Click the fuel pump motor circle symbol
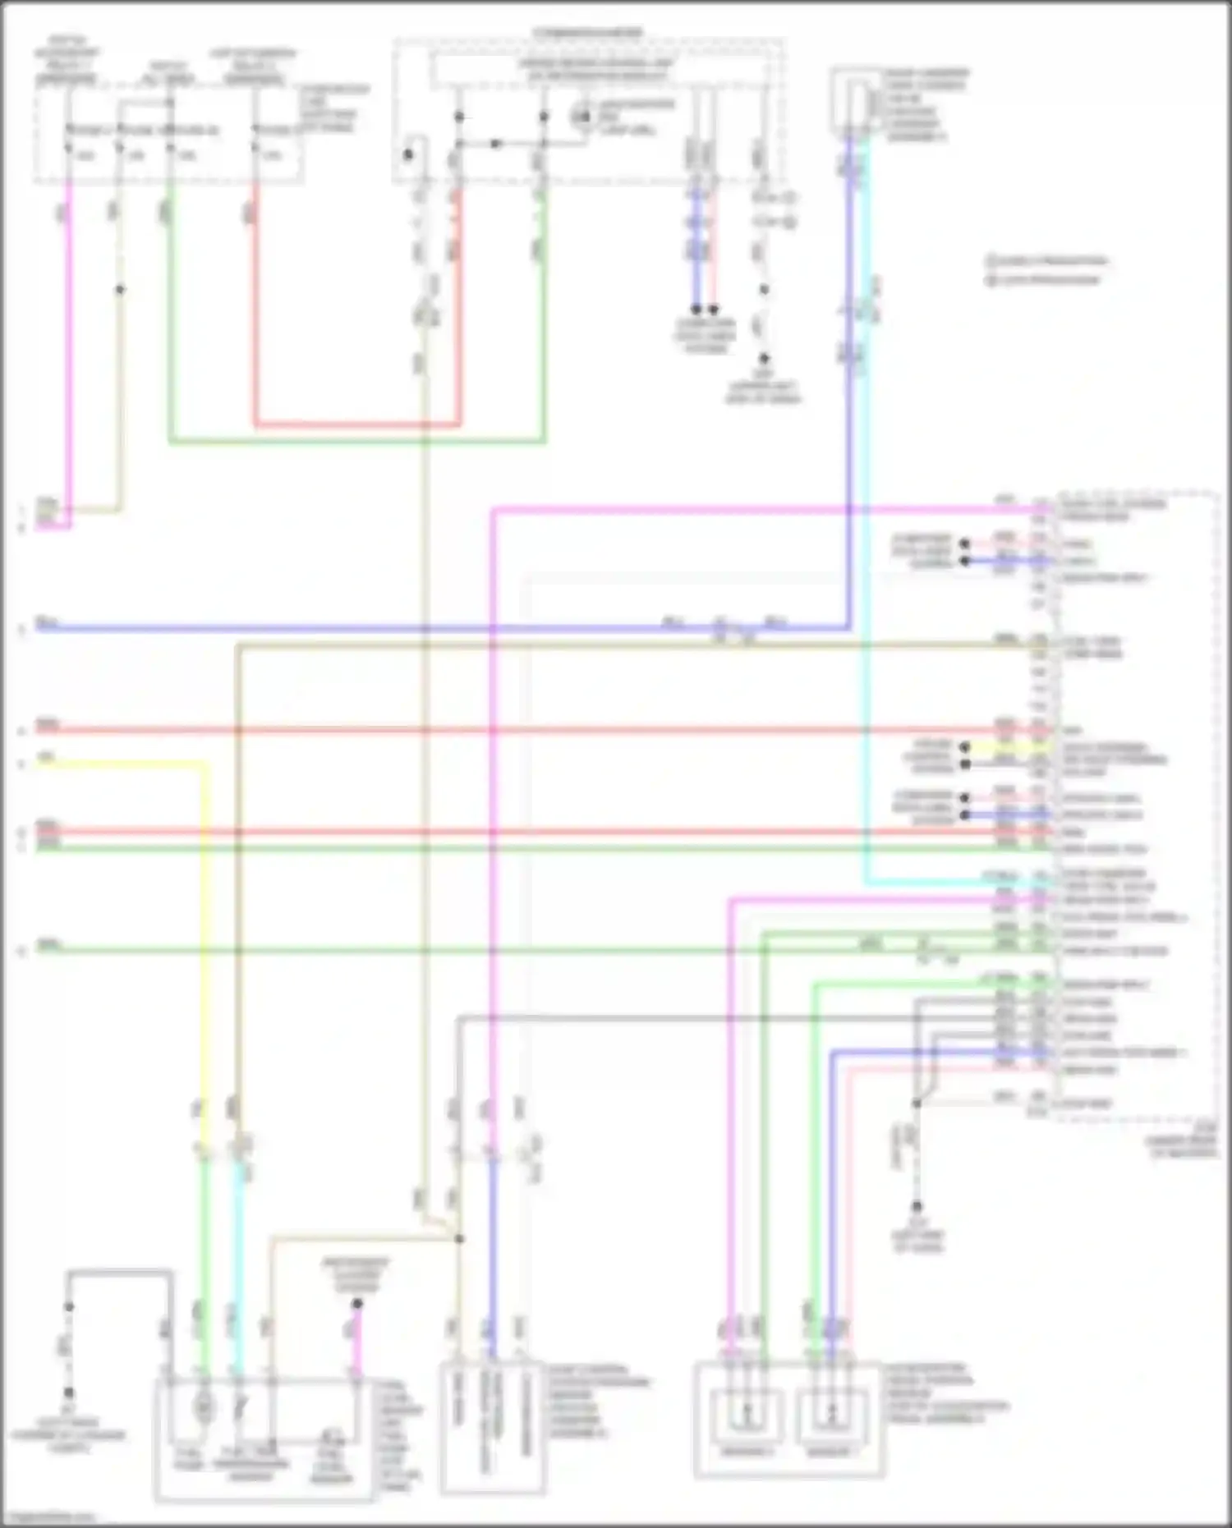[x=203, y=1408]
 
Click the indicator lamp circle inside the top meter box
[x=582, y=117]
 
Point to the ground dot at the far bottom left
[x=69, y=1393]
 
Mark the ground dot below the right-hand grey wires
[x=917, y=1206]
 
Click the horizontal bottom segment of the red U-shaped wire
[x=357, y=425]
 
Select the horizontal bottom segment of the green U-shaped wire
[x=357, y=443]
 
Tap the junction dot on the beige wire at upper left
[x=120, y=290]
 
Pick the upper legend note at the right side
[x=1047, y=261]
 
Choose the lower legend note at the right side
[x=1043, y=280]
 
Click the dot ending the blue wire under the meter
[x=696, y=310]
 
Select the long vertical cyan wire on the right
[x=866, y=509]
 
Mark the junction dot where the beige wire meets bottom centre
[x=459, y=1239]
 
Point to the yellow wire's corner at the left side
[x=205, y=764]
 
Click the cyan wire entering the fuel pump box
[x=238, y=1281]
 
